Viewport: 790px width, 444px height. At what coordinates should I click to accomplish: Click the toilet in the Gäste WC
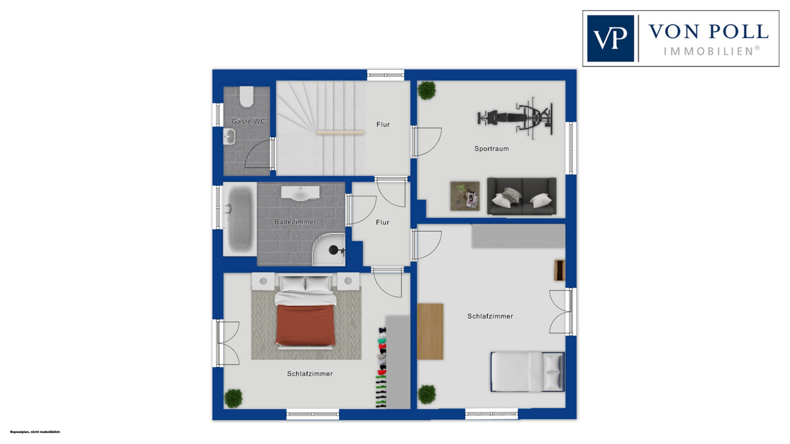[x=246, y=96]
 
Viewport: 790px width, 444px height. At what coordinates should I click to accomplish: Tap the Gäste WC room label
[x=248, y=121]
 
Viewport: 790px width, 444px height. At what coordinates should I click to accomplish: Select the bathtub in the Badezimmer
[x=240, y=219]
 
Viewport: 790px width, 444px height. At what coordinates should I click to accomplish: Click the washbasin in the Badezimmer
[x=300, y=193]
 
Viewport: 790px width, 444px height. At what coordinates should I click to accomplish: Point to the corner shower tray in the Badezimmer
[x=329, y=249]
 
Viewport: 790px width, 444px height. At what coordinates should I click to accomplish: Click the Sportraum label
[x=491, y=149]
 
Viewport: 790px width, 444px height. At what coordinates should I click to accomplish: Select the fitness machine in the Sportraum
[x=515, y=116]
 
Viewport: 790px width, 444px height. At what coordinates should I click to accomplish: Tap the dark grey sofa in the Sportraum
[x=521, y=196]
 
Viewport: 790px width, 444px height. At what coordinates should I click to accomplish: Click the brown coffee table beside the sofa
[x=465, y=196]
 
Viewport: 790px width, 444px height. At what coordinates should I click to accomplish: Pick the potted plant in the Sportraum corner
[x=427, y=90]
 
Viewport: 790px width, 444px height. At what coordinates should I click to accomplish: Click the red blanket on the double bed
[x=305, y=324]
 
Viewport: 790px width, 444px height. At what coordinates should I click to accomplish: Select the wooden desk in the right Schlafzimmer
[x=430, y=331]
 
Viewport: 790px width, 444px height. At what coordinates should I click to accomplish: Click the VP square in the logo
[x=610, y=38]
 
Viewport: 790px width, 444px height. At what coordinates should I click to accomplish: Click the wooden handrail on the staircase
[x=340, y=133]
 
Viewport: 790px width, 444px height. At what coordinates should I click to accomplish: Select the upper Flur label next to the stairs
[x=383, y=124]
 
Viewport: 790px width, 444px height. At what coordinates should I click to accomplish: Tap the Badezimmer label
[x=295, y=222]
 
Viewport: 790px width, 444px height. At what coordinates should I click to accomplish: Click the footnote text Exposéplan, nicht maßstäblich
[x=35, y=432]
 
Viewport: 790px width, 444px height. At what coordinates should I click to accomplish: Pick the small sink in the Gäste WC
[x=229, y=136]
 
